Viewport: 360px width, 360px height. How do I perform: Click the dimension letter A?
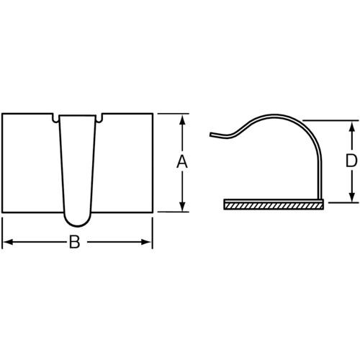[182, 161]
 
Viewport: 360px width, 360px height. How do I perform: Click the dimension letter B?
[74, 242]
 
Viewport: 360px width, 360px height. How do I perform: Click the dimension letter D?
[351, 161]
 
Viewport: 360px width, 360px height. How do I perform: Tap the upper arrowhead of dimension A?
[182, 120]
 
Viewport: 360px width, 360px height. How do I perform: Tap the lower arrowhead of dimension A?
[182, 207]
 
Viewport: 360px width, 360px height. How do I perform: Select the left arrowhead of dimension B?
[8, 242]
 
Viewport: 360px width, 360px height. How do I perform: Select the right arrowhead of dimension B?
[147, 242]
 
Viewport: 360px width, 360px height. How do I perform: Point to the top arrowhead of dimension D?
[352, 126]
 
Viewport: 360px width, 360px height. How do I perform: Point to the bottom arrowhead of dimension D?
[352, 197]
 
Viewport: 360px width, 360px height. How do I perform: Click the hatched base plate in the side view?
[274, 204]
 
